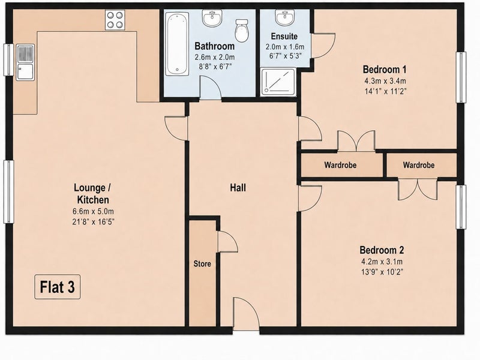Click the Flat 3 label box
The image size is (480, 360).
click(57, 287)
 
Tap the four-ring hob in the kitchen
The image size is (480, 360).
click(115, 20)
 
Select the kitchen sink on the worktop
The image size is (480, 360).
click(25, 62)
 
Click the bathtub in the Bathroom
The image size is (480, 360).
click(177, 44)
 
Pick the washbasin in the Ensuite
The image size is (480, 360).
click(284, 18)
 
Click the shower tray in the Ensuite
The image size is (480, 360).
click(278, 82)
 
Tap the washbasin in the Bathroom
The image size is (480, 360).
click(212, 18)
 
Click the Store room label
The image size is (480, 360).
click(202, 263)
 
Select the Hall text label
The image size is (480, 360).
click(238, 188)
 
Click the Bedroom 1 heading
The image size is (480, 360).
click(385, 70)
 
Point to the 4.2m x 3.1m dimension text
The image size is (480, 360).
click(382, 262)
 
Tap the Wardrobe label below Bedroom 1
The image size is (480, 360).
click(340, 165)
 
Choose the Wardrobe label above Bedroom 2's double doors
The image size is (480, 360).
click(418, 165)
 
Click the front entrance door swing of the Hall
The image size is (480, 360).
click(246, 313)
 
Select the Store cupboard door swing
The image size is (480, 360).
click(227, 242)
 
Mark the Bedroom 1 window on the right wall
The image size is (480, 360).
click(461, 77)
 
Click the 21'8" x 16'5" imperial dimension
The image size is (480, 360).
click(94, 221)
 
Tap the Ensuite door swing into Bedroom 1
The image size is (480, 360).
click(323, 46)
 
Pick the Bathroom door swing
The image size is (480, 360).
click(211, 88)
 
